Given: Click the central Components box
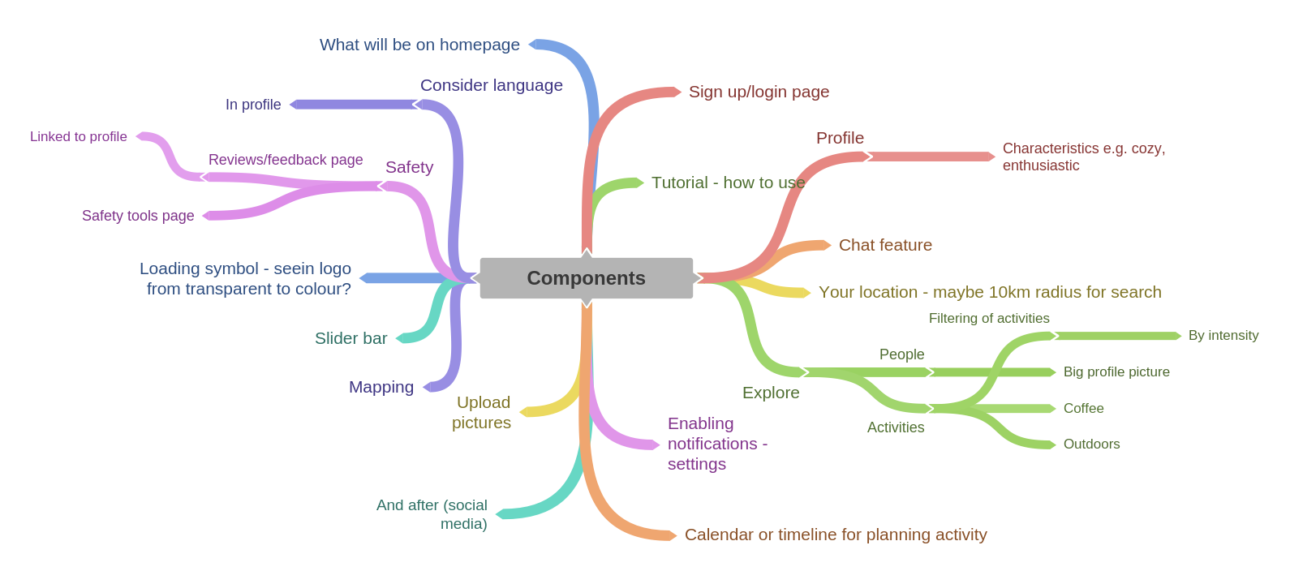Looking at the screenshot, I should (586, 278).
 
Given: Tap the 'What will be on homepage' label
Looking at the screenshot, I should (419, 45).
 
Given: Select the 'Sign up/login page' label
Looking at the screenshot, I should (759, 92).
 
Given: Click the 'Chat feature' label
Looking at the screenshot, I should (885, 245).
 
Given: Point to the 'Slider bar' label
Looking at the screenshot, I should (350, 338).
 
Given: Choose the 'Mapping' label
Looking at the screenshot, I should (381, 387).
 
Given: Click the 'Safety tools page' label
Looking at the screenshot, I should (138, 216).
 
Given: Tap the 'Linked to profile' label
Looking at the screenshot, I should (79, 136).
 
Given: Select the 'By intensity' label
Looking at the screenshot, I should (1223, 336).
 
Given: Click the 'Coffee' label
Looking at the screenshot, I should (1083, 409).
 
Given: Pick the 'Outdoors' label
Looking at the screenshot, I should (1091, 444).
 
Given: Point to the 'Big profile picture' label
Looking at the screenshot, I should (1116, 372).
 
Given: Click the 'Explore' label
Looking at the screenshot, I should (771, 393).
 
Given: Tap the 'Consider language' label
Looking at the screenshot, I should (491, 85).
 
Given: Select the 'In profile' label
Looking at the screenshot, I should (253, 105).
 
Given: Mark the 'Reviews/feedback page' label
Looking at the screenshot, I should (286, 160).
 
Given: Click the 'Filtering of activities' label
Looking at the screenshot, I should (989, 319).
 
